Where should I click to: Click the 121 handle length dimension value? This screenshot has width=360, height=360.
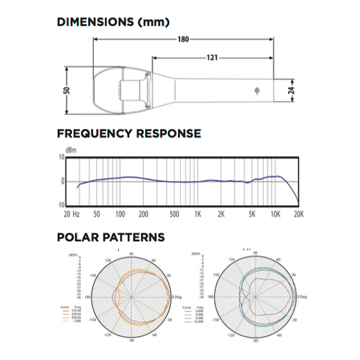pyautogui.click(x=212, y=57)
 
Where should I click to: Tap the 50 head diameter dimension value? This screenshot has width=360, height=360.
pyautogui.click(x=67, y=90)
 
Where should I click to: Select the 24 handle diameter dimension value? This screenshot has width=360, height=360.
pyautogui.click(x=291, y=90)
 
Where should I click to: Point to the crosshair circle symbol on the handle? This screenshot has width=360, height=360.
pyautogui.click(x=257, y=90)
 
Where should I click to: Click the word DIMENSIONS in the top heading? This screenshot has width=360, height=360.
pyautogui.click(x=91, y=22)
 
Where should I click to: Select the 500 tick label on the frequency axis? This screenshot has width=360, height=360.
pyautogui.click(x=174, y=214)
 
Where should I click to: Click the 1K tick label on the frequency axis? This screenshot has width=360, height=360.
pyautogui.click(x=198, y=214)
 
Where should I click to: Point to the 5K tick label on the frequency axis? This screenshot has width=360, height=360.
pyautogui.click(x=252, y=214)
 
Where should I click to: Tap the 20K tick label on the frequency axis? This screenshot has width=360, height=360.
pyautogui.click(x=298, y=214)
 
